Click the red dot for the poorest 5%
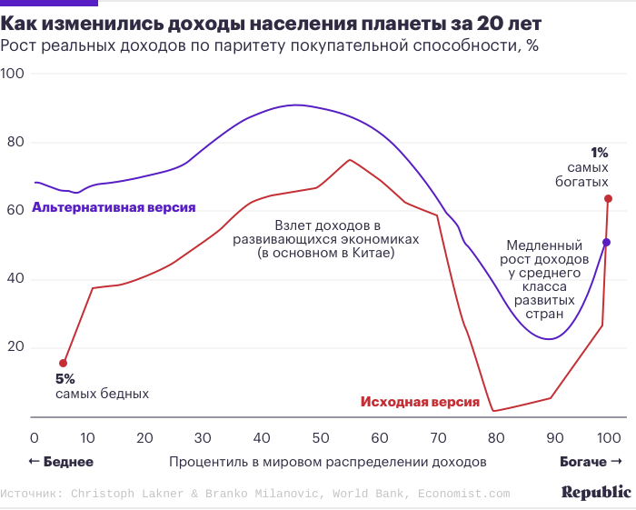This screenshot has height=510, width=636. pos(63,363)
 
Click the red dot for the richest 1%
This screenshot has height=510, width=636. pos(608,198)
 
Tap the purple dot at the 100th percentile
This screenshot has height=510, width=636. pos(606,242)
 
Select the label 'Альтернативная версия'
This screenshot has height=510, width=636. pos(114,207)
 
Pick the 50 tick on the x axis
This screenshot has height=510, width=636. pos(321,436)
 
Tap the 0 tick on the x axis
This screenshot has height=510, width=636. pos(35,436)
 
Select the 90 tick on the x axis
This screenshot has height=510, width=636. pos(550,436)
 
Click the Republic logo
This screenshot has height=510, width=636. pos(595,492)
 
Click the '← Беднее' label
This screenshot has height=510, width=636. pos(61,462)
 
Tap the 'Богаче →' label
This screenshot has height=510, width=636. pos(591,462)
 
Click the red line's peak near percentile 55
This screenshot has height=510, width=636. pos(350,160)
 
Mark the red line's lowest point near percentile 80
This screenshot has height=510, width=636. pos(492,411)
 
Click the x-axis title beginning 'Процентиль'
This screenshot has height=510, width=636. pos(327,462)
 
